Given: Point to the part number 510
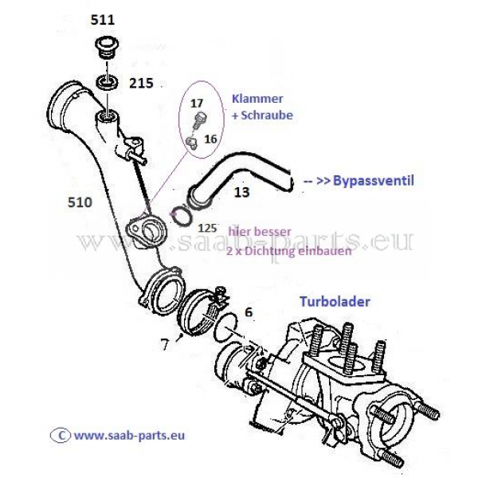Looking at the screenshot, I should [80, 202].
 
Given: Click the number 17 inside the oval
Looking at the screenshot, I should [196, 103].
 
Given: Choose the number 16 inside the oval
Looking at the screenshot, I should [210, 138].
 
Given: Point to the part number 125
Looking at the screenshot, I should [207, 227].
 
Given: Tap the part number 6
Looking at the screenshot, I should [249, 312].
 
